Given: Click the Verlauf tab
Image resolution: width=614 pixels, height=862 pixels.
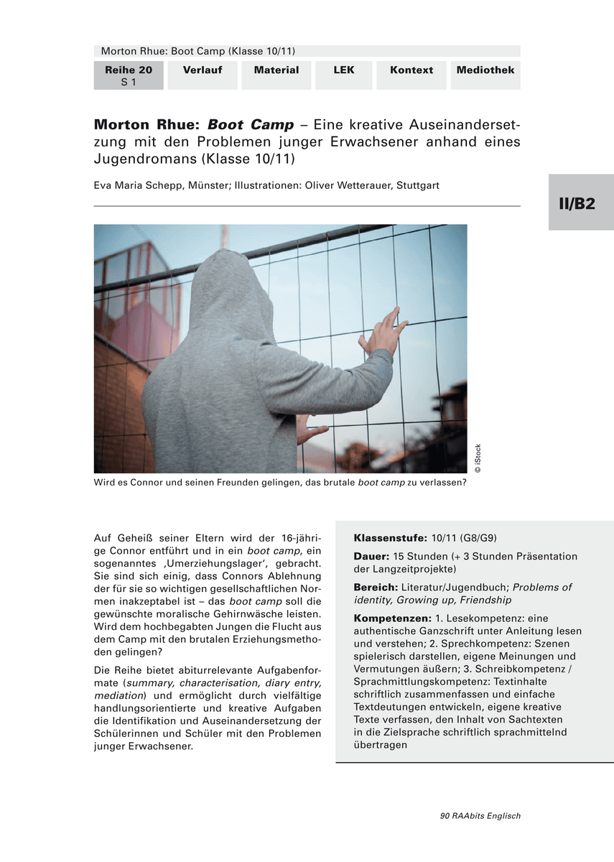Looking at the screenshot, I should pos(202,70).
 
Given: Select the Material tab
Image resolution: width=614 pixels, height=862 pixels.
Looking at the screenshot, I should pos(276,70).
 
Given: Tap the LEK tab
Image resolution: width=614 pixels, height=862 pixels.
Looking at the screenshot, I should pos(344,70).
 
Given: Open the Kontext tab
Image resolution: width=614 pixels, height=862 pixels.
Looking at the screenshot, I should pos(411,70).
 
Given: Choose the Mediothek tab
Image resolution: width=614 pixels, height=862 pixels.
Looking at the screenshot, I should pos(485,70).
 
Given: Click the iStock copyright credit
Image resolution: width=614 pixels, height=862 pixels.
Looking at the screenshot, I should pos(478,458).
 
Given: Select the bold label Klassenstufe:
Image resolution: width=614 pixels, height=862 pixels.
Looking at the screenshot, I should pos(391,538).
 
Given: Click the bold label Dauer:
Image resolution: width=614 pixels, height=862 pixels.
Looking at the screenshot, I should pos(372,557).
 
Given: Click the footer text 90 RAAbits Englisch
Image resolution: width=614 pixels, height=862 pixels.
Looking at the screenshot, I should pos(480,816).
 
